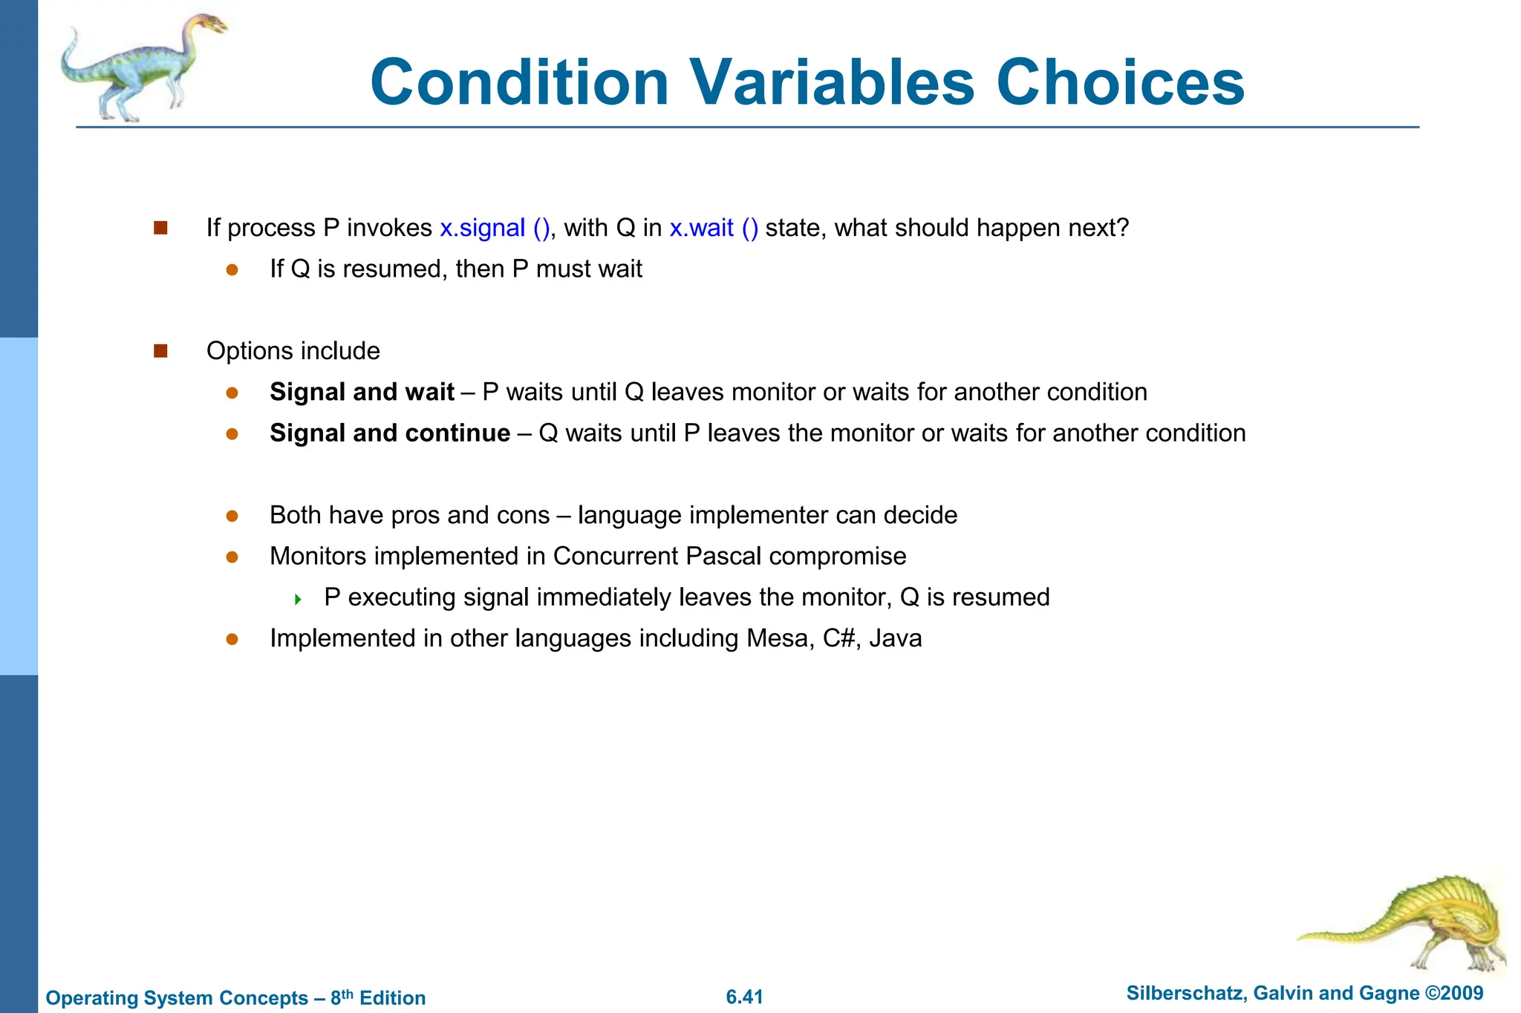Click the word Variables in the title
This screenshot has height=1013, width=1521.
pyautogui.click(x=833, y=82)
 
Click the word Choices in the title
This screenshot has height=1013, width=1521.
pyautogui.click(x=1120, y=82)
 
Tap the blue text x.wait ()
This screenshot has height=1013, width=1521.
pyautogui.click(x=714, y=228)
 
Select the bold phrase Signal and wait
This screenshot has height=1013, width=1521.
pyautogui.click(x=362, y=392)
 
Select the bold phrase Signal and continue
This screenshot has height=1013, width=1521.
pyautogui.click(x=390, y=433)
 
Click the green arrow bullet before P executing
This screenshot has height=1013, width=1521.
pyautogui.click(x=298, y=599)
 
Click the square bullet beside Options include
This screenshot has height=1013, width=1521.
pyautogui.click(x=160, y=351)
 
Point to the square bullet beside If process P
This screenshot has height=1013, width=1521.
pyautogui.click(x=160, y=228)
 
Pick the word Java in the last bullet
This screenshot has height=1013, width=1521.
pyautogui.click(x=896, y=639)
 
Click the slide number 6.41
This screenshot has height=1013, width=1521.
pyautogui.click(x=744, y=997)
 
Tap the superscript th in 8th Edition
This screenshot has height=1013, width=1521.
pyautogui.click(x=348, y=993)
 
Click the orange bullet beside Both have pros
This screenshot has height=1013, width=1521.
pyautogui.click(x=232, y=516)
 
